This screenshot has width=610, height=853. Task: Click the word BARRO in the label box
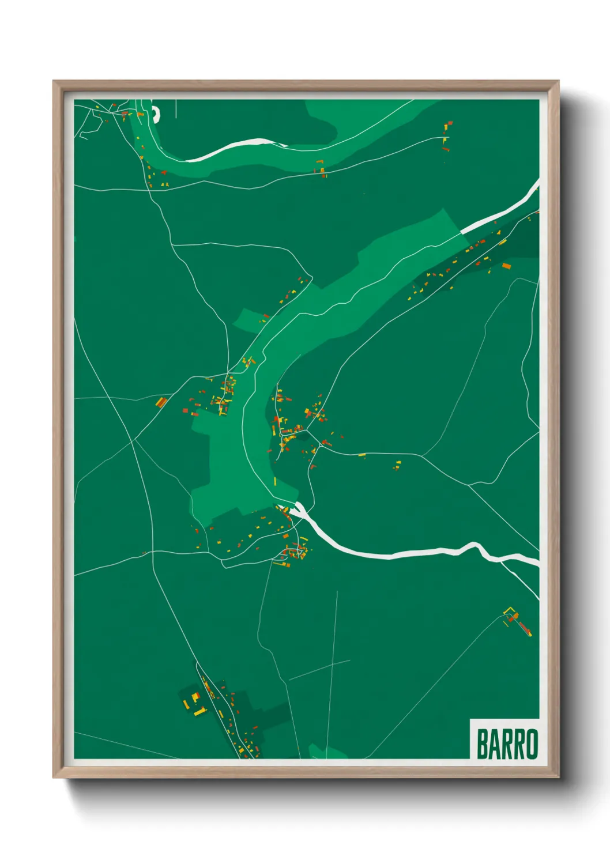(x=507, y=744)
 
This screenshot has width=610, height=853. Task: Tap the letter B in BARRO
(x=482, y=744)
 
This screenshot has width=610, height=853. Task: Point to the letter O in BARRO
(x=532, y=744)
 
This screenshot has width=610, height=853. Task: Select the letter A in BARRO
(x=494, y=744)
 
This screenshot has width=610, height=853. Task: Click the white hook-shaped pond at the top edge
(x=155, y=114)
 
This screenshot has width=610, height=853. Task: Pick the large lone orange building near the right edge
(x=506, y=266)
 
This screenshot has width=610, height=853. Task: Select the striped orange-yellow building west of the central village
(x=161, y=402)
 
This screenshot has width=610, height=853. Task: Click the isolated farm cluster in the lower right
(x=517, y=621)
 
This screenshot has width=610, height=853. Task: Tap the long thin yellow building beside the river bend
(x=275, y=480)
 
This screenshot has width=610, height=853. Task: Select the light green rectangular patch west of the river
(x=248, y=320)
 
